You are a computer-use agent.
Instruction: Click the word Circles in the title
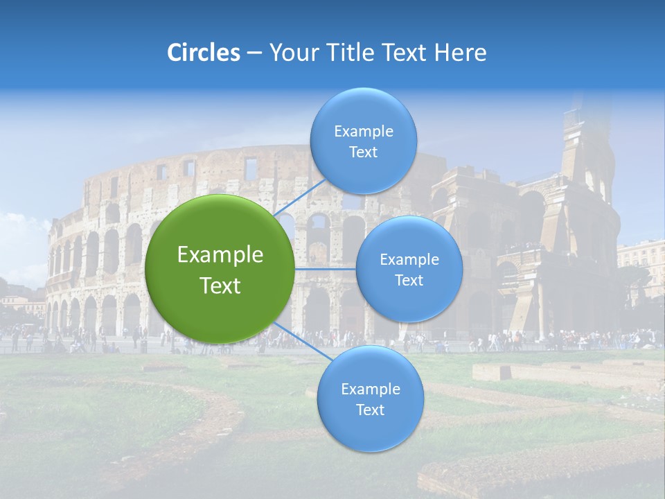pos(203,53)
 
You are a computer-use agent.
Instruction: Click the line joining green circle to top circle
pos(301,198)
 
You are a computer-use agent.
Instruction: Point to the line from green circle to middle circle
pos(326,269)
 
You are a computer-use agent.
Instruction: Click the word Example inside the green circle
pos(220,255)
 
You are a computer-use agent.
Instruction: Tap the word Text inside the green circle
pos(220,286)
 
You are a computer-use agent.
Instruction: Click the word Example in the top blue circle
pos(363,132)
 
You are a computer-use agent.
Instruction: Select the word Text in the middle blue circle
pos(409,281)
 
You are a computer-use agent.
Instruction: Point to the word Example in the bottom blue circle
pos(370,389)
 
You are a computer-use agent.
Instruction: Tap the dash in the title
pos(254,53)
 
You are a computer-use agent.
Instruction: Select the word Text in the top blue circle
pos(363,152)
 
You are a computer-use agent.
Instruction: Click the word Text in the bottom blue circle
pos(370,410)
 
